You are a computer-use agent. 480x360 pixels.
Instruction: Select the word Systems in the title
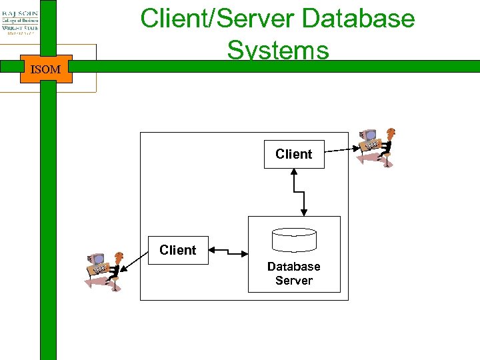click(277, 50)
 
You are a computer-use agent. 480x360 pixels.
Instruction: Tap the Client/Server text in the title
click(217, 18)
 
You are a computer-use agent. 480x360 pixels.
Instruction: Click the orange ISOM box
click(46, 69)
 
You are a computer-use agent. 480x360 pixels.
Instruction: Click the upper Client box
click(294, 154)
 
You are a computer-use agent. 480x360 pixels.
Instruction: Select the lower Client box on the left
click(178, 250)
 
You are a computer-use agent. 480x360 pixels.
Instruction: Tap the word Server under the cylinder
click(294, 280)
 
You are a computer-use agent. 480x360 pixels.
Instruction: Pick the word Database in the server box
click(294, 267)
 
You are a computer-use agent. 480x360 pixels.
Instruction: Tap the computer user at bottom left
click(104, 269)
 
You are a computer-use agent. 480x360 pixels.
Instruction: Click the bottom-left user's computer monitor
click(97, 259)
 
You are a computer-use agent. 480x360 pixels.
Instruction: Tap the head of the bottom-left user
click(119, 256)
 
